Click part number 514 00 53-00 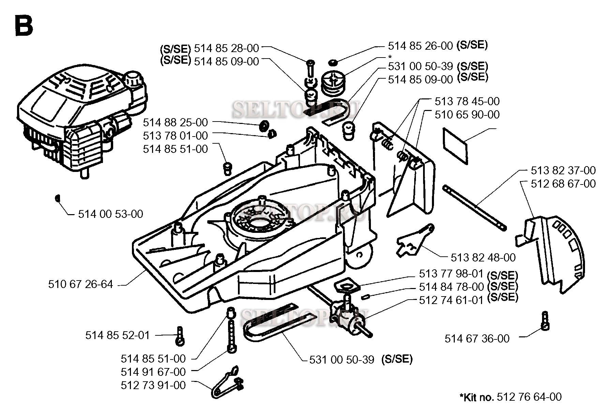pos(110,214)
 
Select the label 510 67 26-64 pos(80,284)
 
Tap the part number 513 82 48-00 pos(483,258)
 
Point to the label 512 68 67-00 pos(563,184)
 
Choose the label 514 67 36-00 pos(477,339)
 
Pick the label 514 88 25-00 pos(175,122)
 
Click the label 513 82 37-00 pos(563,171)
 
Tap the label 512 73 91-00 pos(153,385)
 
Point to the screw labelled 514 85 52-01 pos(180,336)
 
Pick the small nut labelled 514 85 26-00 pos(333,62)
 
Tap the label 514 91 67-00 pos(153,372)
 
